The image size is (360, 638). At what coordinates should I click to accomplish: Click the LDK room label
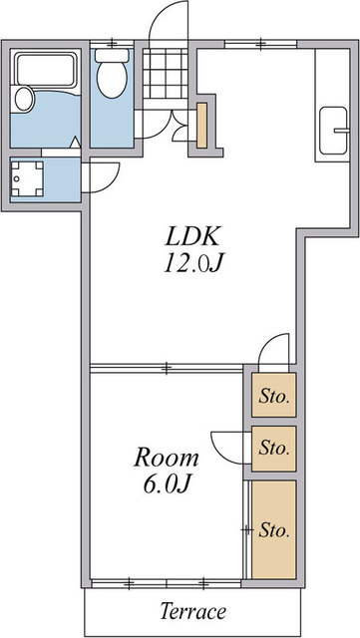coord(192,236)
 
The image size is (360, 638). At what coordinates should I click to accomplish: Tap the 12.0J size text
coord(193,263)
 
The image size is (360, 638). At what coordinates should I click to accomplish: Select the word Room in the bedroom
coord(167,458)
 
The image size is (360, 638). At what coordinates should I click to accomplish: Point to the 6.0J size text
coord(167,483)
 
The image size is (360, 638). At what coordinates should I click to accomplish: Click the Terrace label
coord(192,611)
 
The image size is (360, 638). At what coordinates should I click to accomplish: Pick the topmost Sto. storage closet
coord(273,395)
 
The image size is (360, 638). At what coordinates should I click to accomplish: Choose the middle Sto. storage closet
coord(273,449)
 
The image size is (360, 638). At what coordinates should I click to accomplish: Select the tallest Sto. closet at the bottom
coord(273,529)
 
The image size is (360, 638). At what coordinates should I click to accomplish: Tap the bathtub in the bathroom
coord(45,69)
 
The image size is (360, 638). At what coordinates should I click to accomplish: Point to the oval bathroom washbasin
coord(24,99)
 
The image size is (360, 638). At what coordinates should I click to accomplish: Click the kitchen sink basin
coord(333,131)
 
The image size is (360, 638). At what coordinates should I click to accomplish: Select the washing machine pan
coord(27,178)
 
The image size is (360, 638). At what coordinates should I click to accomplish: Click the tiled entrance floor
coord(165,73)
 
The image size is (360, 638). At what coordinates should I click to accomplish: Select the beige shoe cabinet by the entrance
coord(202,126)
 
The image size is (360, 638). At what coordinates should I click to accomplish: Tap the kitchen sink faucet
coord(342,131)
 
